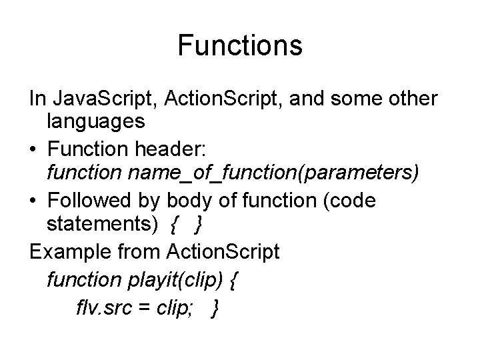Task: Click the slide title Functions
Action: (240, 46)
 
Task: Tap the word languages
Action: (95, 122)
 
